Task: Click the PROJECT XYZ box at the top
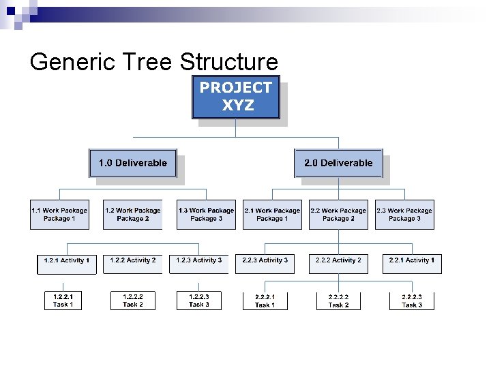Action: (x=235, y=97)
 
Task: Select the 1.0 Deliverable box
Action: (x=133, y=163)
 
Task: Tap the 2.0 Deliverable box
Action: (x=338, y=163)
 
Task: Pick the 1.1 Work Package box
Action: (x=59, y=215)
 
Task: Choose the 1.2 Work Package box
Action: (x=134, y=215)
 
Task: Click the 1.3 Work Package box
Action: (x=206, y=215)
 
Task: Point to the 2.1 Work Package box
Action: (x=272, y=215)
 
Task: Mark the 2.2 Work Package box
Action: (x=338, y=215)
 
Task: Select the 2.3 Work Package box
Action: (x=404, y=215)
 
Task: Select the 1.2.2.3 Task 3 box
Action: (x=199, y=301)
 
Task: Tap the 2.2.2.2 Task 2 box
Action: (x=338, y=301)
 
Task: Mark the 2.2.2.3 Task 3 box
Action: (x=412, y=301)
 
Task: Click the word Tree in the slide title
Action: (x=151, y=63)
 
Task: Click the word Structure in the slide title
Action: (x=229, y=63)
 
